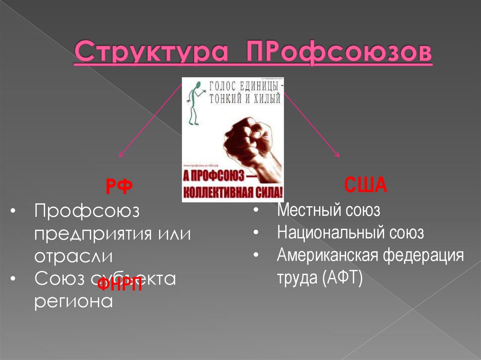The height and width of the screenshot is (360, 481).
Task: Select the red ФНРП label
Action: (119, 284)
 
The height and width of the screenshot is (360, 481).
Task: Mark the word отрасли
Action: (74, 257)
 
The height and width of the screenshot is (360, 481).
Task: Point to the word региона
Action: (73, 300)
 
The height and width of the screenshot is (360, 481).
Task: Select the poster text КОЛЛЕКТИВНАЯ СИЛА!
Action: (233, 192)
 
